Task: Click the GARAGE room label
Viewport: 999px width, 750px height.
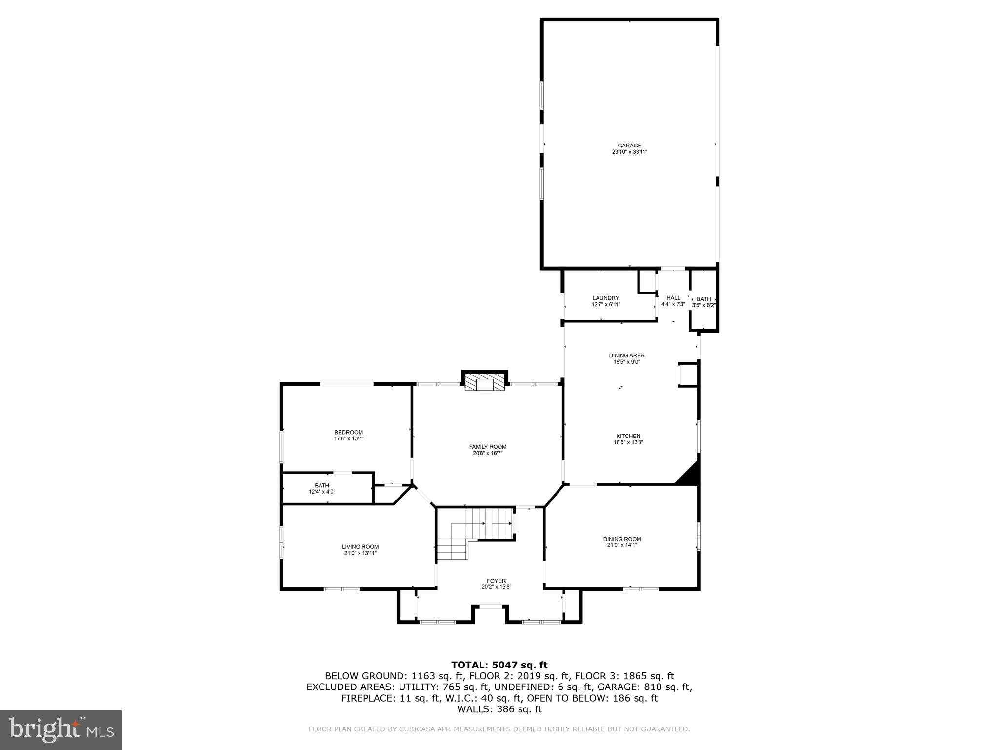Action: (629, 146)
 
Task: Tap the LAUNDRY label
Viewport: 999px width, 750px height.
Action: (606, 298)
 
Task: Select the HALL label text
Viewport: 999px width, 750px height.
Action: (673, 298)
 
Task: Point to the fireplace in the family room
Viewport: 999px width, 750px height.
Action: (485, 382)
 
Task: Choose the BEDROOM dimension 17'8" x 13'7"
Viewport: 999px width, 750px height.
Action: (348, 439)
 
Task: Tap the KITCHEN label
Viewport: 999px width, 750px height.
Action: (628, 436)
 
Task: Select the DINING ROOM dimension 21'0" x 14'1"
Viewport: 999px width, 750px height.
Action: (622, 545)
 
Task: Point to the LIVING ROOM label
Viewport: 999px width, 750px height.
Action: (360, 547)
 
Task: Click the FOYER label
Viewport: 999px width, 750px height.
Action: (496, 581)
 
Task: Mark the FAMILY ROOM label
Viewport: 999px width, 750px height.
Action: (488, 447)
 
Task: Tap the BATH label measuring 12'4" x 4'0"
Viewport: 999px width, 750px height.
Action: (322, 485)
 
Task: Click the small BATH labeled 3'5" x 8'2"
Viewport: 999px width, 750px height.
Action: (703, 299)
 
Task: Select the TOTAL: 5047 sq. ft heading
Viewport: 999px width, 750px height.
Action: (499, 665)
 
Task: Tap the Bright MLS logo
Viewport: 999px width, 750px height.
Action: (61, 729)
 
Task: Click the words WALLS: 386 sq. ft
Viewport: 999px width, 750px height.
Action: (499, 709)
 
